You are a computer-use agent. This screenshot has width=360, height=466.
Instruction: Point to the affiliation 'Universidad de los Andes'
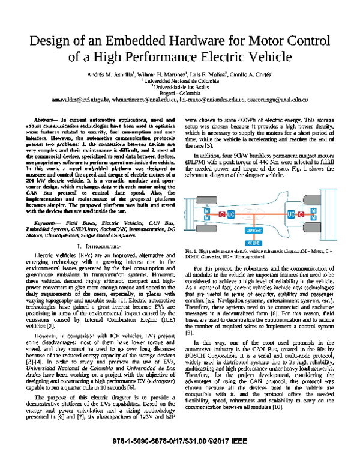pos(180,86)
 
